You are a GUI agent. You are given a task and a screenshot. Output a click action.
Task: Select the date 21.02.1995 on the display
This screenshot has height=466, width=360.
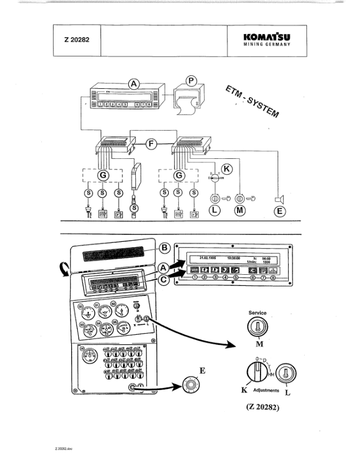(208, 257)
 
